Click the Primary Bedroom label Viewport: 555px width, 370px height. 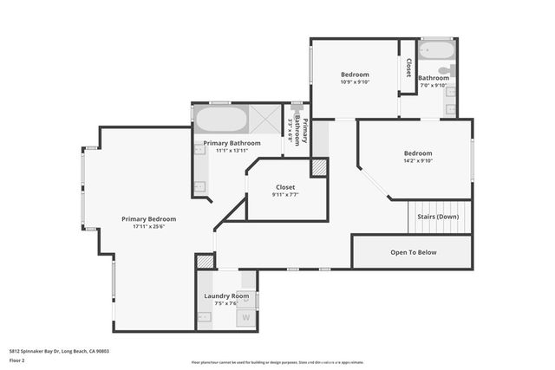click(148, 219)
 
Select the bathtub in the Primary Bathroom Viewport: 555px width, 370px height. click(221, 119)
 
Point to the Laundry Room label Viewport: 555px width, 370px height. click(226, 295)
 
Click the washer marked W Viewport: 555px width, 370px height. click(246, 317)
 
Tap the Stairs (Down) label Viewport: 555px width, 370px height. click(438, 217)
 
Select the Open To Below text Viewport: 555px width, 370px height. click(413, 252)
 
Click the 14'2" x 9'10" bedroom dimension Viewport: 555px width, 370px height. click(417, 160)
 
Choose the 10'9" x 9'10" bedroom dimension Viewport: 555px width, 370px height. click(354, 83)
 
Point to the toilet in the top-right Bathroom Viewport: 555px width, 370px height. click(445, 70)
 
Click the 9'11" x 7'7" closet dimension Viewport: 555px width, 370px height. click(285, 195)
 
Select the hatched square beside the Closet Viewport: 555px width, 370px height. click(319, 166)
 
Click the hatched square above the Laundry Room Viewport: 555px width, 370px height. click(205, 261)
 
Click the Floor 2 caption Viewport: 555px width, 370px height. click(17, 360)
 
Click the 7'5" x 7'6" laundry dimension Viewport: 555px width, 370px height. click(226, 303)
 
